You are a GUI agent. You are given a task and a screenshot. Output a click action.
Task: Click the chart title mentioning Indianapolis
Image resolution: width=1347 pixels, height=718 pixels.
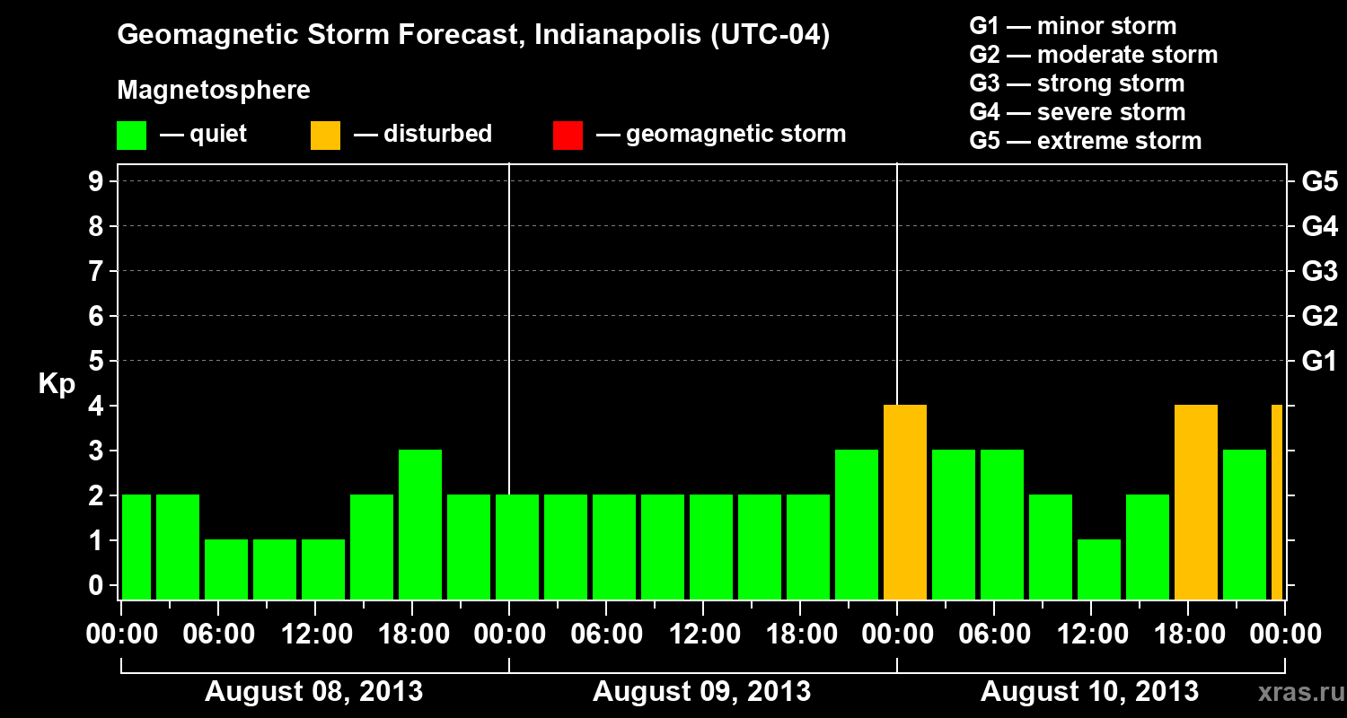[x=473, y=36]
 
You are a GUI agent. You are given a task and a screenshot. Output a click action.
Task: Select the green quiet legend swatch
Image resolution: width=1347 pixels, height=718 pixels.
[x=131, y=136]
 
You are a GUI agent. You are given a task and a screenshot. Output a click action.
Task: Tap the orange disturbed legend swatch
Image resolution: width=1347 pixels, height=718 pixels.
[x=325, y=136]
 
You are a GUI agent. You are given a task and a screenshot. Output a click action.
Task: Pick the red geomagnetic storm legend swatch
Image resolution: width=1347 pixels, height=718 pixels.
[x=568, y=136]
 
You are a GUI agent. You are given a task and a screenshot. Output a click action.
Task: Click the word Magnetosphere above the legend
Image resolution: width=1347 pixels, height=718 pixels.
[x=214, y=91]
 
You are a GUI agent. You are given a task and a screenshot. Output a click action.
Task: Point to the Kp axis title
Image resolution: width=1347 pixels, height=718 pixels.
[x=57, y=384]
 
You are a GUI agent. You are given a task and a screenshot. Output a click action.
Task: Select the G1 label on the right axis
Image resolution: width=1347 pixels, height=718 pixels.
[x=1319, y=362]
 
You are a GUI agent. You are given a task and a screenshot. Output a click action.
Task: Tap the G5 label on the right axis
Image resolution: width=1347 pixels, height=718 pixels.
[x=1319, y=182]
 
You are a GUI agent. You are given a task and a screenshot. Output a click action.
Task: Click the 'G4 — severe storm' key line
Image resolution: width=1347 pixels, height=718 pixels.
[x=1077, y=112]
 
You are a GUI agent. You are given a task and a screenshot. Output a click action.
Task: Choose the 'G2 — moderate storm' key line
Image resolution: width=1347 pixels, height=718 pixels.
[x=1093, y=55]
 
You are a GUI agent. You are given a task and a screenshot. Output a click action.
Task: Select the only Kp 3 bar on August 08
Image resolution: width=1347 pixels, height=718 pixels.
[x=420, y=524]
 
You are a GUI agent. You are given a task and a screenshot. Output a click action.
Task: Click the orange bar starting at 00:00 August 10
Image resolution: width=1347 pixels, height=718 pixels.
[x=905, y=503]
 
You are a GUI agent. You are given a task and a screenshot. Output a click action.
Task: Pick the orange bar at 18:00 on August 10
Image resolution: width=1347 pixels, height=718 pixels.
[x=1196, y=503]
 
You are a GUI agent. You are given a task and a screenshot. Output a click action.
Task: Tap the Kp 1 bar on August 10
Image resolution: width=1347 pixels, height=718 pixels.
[x=1099, y=569]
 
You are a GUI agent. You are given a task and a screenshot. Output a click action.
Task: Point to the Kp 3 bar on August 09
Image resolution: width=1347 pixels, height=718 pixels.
[x=857, y=524]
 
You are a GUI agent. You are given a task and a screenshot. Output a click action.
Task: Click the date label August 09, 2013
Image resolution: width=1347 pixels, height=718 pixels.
[x=701, y=692]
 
